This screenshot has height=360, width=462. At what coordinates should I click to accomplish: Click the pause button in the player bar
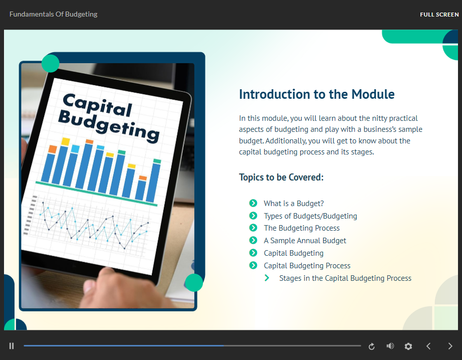(x=12, y=346)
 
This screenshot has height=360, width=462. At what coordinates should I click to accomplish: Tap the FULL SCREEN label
(x=439, y=15)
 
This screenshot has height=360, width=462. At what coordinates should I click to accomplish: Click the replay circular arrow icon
(x=371, y=346)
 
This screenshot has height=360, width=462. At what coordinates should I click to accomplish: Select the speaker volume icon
(x=390, y=346)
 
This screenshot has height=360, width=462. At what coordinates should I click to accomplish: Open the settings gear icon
(x=408, y=346)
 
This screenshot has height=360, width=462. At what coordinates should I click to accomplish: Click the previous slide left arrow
(x=429, y=346)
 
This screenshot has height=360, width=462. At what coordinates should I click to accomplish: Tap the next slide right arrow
(x=450, y=346)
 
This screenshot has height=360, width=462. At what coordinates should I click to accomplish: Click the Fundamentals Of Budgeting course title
(x=53, y=14)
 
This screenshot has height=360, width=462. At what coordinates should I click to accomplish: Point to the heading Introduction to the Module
(x=317, y=94)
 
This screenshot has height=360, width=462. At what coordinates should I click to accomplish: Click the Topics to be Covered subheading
(x=281, y=177)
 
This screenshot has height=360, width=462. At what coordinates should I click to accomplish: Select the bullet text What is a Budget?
(x=294, y=204)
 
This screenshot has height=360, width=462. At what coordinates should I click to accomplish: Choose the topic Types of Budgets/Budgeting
(x=310, y=216)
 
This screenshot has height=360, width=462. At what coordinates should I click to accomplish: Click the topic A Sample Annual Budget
(x=305, y=241)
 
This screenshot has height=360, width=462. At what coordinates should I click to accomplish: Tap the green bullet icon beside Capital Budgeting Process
(x=253, y=265)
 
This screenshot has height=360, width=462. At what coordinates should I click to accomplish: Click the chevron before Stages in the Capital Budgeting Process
(x=267, y=278)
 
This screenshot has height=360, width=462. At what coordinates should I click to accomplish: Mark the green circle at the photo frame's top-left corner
(x=51, y=63)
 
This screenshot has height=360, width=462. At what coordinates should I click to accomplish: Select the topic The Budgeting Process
(x=302, y=228)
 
